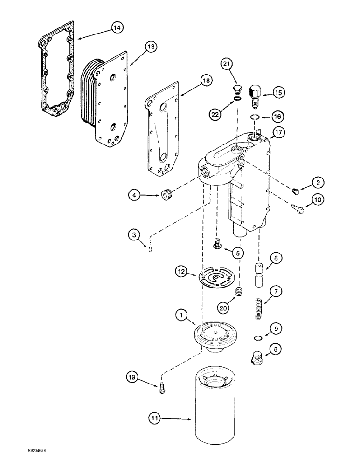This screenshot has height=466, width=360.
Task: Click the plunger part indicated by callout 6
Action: (x=259, y=275)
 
